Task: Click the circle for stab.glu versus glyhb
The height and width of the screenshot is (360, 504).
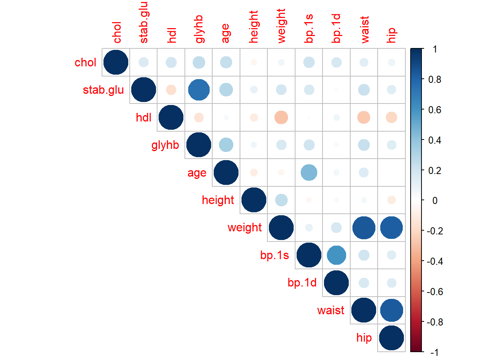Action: pos(199,90)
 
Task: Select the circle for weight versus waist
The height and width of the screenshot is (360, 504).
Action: pos(364,228)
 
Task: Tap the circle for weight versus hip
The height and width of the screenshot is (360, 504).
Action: pos(391,228)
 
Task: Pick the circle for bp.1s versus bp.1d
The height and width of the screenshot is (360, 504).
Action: pos(336,255)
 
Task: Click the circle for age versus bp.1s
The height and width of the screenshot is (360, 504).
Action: pos(309,172)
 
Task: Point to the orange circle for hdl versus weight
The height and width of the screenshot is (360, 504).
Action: pos(281,117)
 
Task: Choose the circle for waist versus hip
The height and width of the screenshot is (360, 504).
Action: pos(391,310)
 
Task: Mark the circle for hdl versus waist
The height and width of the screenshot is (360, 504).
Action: pos(364,117)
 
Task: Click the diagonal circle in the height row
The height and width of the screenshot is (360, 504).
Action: pos(254,200)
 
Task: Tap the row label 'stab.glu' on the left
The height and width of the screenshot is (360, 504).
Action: pos(103,90)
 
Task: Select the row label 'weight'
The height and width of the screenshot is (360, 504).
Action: pos(244,228)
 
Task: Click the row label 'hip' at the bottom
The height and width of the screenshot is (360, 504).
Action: pos(364,338)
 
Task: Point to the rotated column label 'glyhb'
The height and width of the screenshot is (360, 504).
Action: pos(199,29)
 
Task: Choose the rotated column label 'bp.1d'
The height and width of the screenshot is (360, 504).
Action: pos(336,28)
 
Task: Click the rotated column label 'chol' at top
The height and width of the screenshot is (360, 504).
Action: pos(117,33)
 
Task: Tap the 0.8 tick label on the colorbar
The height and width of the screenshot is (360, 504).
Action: pos(435,79)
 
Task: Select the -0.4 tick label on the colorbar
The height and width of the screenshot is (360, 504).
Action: pos(435,261)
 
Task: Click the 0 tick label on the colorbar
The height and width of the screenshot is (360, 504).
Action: pos(435,201)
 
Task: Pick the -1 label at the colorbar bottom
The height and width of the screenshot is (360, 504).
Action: pos(434,352)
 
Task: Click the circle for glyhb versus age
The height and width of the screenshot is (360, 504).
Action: pos(226,145)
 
